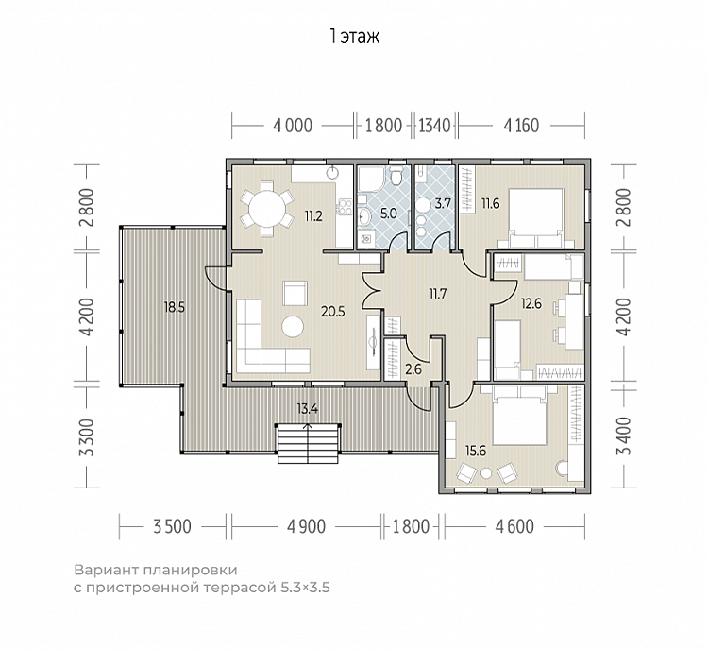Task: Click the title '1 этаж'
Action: [354, 36]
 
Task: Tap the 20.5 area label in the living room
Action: [333, 312]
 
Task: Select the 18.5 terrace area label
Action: [175, 308]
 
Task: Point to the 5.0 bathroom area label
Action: [388, 213]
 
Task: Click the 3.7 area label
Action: [443, 203]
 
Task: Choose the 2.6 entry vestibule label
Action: [413, 369]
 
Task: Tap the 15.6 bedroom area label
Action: [476, 451]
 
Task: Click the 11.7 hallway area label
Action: [437, 294]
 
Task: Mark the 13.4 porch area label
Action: [308, 409]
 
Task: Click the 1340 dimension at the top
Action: [435, 126]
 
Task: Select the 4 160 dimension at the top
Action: [521, 126]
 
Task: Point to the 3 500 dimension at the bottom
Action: [172, 526]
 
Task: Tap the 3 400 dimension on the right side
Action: [624, 436]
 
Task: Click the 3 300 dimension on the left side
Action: [89, 437]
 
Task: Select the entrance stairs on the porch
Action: [308, 443]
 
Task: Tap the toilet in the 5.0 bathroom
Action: [396, 176]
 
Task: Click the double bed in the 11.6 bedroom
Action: [536, 218]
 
